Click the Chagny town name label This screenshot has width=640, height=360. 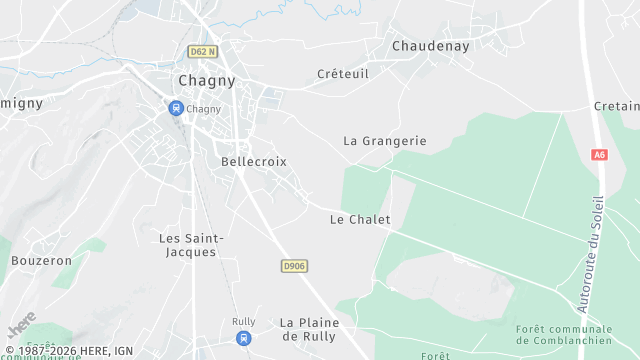tap(208, 80)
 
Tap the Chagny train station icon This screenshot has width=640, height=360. tap(176, 108)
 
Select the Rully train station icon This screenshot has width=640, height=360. tap(243, 338)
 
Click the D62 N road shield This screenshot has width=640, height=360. tap(203, 51)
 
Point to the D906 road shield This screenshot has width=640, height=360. tap(293, 265)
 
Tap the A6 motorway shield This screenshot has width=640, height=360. tap(599, 155)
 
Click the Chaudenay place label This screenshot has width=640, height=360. tap(431, 46)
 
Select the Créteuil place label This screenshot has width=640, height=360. tap(343, 74)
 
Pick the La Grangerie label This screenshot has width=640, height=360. tap(384, 141)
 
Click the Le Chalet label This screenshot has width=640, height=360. tap(360, 219)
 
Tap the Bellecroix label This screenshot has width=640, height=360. tap(253, 160)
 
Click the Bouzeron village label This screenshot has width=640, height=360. tap(41, 260)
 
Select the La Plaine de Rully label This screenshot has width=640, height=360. tap(309, 329)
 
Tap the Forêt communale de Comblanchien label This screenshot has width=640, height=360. tap(564, 335)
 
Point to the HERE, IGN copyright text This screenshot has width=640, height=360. tap(70, 351)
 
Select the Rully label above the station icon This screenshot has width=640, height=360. tap(243, 321)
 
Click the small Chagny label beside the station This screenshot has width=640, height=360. tap(204, 108)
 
